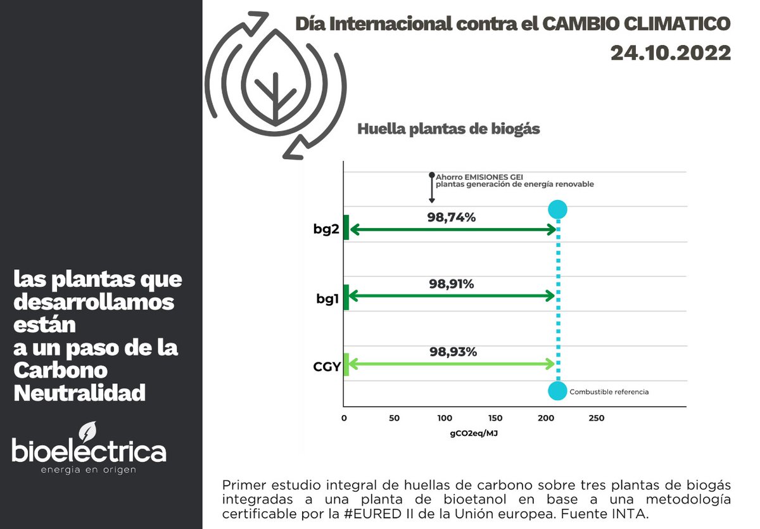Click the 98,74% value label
coord(451,217)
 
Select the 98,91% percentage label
coord(451,284)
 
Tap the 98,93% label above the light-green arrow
coord(452,352)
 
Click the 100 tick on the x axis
coord(445,418)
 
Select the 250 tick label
coord(596,418)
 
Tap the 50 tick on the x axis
coord(394,418)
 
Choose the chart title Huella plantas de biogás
coord(448,129)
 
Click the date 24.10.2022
coord(671,53)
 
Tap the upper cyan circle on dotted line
coord(557,210)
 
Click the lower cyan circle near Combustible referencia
coord(557,391)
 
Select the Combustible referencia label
coord(609,392)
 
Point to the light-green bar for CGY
coord(346,364)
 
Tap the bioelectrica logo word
coord(89,451)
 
